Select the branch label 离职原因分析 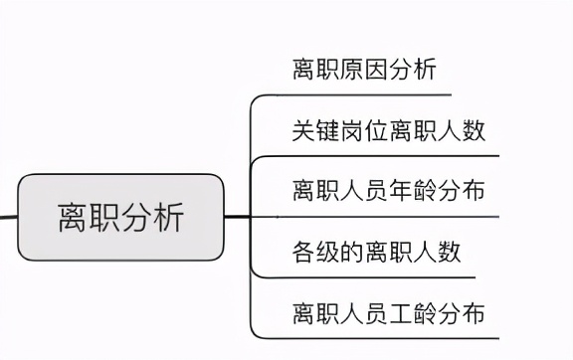(x=364, y=70)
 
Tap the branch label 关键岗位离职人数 (x=389, y=129)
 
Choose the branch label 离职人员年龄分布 (x=389, y=189)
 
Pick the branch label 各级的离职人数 (x=377, y=251)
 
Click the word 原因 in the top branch (x=364, y=70)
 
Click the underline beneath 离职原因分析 (x=358, y=95)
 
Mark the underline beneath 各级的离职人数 (x=368, y=277)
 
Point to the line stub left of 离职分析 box (x=8, y=216)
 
